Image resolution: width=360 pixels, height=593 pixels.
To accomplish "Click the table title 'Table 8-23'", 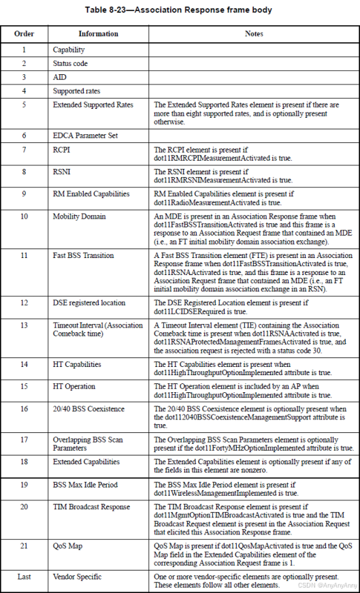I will pyautogui.click(x=178, y=10).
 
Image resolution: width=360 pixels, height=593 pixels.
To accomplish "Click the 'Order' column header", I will pyautogui.click(x=24, y=33).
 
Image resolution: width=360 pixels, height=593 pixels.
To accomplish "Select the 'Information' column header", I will pyautogui.click(x=97, y=33).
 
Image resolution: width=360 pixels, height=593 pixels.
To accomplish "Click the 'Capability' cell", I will pyautogui.click(x=69, y=50).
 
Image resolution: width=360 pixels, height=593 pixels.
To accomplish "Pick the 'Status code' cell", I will pyautogui.click(x=70, y=63).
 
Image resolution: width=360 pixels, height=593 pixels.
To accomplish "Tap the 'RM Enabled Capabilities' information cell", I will pyautogui.click(x=91, y=193).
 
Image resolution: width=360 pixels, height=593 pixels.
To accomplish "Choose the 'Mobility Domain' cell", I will pyautogui.click(x=79, y=216).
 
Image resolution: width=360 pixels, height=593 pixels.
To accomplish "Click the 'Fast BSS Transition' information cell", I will pyautogui.click(x=83, y=255).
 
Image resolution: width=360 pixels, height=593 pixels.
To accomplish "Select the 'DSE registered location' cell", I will pyautogui.click(x=89, y=302).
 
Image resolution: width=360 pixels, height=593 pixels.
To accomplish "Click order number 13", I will pyautogui.click(x=24, y=325).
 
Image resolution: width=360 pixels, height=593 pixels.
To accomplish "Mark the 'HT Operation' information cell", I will pyautogui.click(x=74, y=386).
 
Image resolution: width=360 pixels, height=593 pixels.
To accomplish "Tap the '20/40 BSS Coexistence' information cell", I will pyautogui.click(x=88, y=408).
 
